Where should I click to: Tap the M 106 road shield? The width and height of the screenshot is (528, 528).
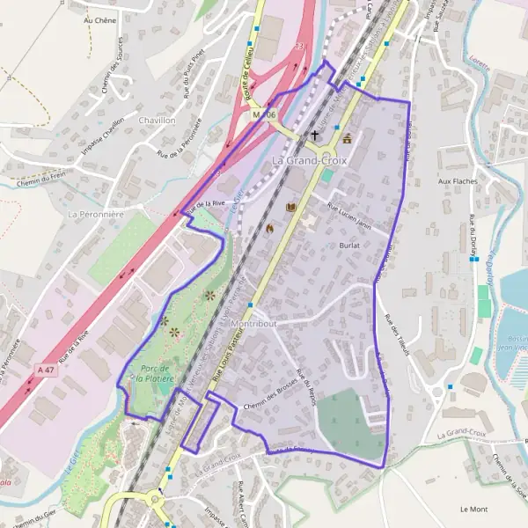click(x=263, y=115)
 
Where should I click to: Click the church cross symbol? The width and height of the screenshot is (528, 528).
click(x=315, y=136)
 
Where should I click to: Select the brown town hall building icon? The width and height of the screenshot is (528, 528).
click(x=348, y=138)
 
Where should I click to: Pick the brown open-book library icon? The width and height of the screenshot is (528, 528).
click(x=291, y=208)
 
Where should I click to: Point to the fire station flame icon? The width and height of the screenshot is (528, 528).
click(x=270, y=228)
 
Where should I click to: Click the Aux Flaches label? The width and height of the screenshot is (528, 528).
click(x=457, y=181)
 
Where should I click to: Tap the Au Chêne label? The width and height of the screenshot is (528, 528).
click(x=99, y=18)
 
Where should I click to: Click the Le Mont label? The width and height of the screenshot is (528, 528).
click(x=473, y=509)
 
